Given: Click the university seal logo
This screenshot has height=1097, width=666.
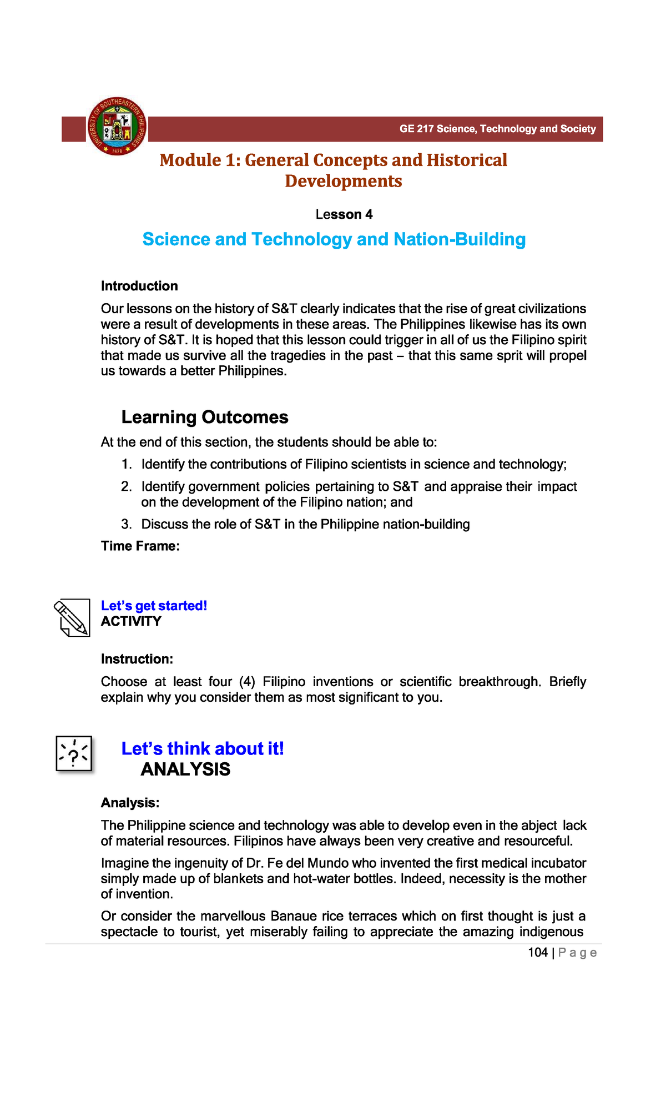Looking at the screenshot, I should tap(117, 127).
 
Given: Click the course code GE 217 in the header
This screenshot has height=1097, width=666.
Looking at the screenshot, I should tap(416, 129).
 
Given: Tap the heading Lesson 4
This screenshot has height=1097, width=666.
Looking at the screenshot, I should tap(344, 214).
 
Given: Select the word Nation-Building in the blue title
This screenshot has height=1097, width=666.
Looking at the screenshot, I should tap(460, 239).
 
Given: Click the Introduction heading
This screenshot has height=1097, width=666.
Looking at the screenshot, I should tap(139, 286).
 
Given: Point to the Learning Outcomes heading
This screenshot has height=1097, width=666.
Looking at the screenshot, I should tap(205, 417).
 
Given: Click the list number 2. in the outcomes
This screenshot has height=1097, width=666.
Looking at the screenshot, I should tap(127, 487).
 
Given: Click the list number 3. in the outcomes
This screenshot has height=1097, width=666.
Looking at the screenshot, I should tap(127, 525).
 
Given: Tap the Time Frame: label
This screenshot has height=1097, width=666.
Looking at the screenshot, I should tap(140, 546).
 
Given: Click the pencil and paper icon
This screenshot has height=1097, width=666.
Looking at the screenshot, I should tap(72, 618).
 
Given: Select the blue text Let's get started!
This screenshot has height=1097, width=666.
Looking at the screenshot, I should tap(154, 606).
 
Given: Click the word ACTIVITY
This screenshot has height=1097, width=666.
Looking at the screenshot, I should tap(131, 621).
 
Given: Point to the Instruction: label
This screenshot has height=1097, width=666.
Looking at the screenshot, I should tap(137, 659).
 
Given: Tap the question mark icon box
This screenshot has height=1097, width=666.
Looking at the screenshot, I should tap(74, 754).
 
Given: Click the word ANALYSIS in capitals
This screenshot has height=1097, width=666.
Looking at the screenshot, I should tap(185, 769).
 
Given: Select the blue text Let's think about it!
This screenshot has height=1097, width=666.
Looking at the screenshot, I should tap(203, 749).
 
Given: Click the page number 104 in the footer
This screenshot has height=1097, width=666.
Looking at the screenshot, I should tap(537, 953).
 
